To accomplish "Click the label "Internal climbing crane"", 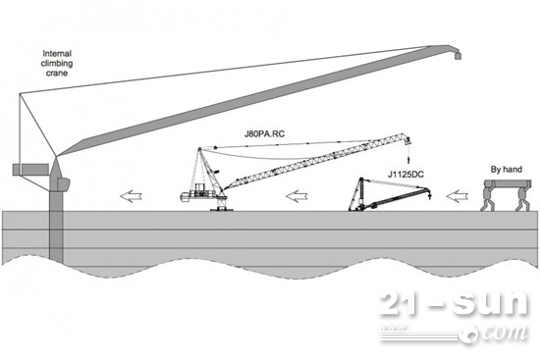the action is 57,64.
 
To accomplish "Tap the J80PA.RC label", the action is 264,133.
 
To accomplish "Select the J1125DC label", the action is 405,175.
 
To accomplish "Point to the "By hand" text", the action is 507,170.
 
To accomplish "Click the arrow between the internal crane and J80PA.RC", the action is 132,196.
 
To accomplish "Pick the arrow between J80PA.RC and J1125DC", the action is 297,196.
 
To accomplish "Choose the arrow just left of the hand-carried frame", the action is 458,196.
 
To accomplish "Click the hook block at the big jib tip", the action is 458,56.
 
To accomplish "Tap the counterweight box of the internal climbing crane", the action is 30,170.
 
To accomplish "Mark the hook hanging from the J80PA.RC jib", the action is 408,161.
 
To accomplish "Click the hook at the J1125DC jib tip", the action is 429,197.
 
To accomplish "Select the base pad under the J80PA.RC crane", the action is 222,209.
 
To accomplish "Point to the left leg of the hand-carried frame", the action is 488,198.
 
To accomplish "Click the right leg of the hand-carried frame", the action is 522,198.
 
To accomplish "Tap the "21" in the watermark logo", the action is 402,303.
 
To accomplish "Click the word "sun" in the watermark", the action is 489,303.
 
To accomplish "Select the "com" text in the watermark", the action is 504,333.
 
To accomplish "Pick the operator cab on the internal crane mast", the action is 64,184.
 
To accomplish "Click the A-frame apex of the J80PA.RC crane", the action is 199,149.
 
